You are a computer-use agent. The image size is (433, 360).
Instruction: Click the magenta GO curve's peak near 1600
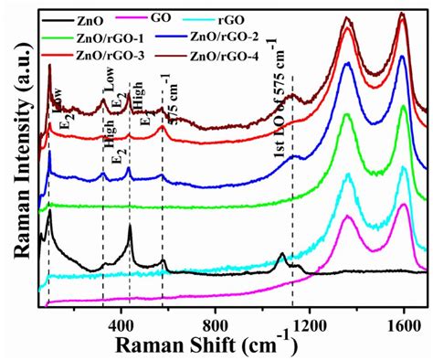coord(403,205)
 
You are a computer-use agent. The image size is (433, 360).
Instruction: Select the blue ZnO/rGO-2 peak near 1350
coord(346,63)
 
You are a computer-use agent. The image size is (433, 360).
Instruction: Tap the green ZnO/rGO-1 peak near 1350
coord(346,115)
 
